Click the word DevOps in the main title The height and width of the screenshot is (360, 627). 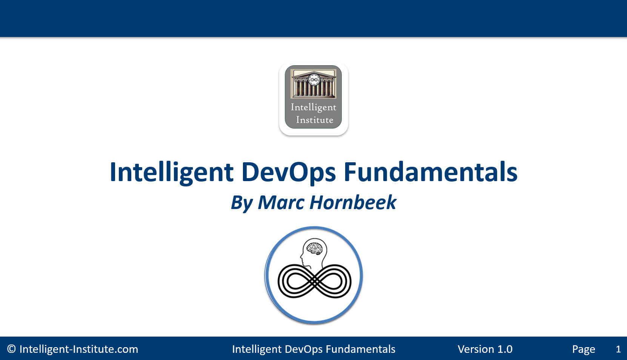289,172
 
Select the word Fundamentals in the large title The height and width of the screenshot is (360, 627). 430,171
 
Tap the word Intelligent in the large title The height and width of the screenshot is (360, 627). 172,173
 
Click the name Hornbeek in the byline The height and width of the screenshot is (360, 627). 353,202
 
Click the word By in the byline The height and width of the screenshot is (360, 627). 242,203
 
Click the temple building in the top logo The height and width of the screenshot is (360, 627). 313,84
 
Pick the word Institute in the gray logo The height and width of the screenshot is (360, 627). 315,120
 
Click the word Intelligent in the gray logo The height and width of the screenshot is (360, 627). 313,108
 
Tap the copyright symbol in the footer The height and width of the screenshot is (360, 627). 11,349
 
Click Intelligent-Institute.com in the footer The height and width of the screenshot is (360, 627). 78,349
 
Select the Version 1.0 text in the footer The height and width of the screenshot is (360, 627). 485,349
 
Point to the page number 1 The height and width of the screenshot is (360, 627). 618,349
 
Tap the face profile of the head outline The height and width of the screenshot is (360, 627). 303,256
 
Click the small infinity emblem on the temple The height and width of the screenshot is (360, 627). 314,80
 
